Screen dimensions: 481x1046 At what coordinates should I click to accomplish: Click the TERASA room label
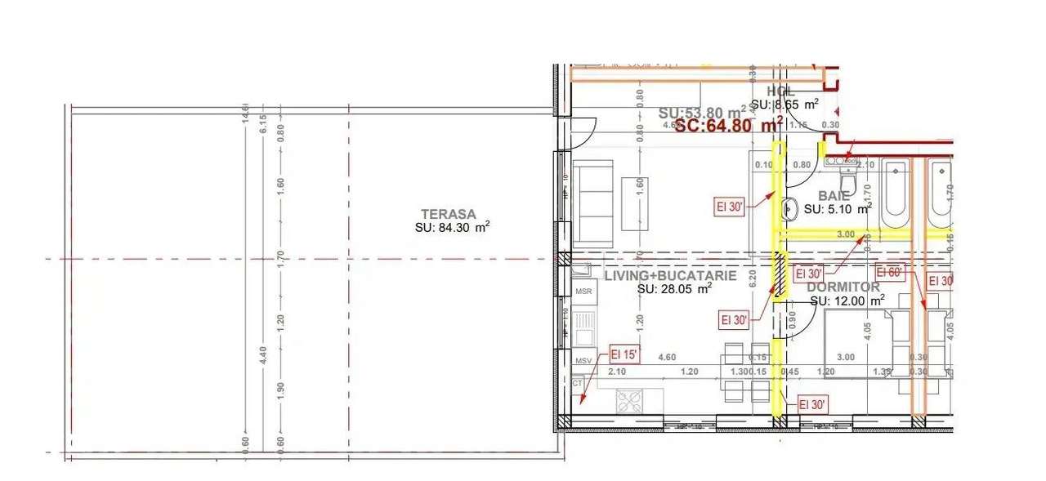click(x=449, y=214)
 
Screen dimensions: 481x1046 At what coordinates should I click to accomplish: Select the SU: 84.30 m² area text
click(x=452, y=228)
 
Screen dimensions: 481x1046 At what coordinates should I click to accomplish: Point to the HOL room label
click(x=780, y=92)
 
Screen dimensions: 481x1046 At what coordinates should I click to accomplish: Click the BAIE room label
click(x=834, y=196)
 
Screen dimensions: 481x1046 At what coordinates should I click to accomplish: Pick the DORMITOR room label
click(x=843, y=287)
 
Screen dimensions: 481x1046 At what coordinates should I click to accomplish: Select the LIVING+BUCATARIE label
click(x=670, y=276)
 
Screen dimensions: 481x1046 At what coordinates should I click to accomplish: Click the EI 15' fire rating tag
click(x=624, y=354)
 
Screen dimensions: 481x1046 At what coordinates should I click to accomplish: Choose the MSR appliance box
click(x=583, y=292)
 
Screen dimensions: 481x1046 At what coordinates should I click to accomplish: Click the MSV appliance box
click(x=583, y=360)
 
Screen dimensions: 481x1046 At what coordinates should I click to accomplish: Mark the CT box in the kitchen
click(x=578, y=382)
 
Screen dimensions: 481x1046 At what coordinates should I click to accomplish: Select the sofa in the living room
click(x=593, y=203)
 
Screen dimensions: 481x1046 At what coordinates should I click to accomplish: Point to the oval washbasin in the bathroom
click(x=789, y=210)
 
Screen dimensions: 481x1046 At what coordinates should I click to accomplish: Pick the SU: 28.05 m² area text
click(x=674, y=288)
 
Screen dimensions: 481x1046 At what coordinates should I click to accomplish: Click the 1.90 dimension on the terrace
click(x=280, y=390)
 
